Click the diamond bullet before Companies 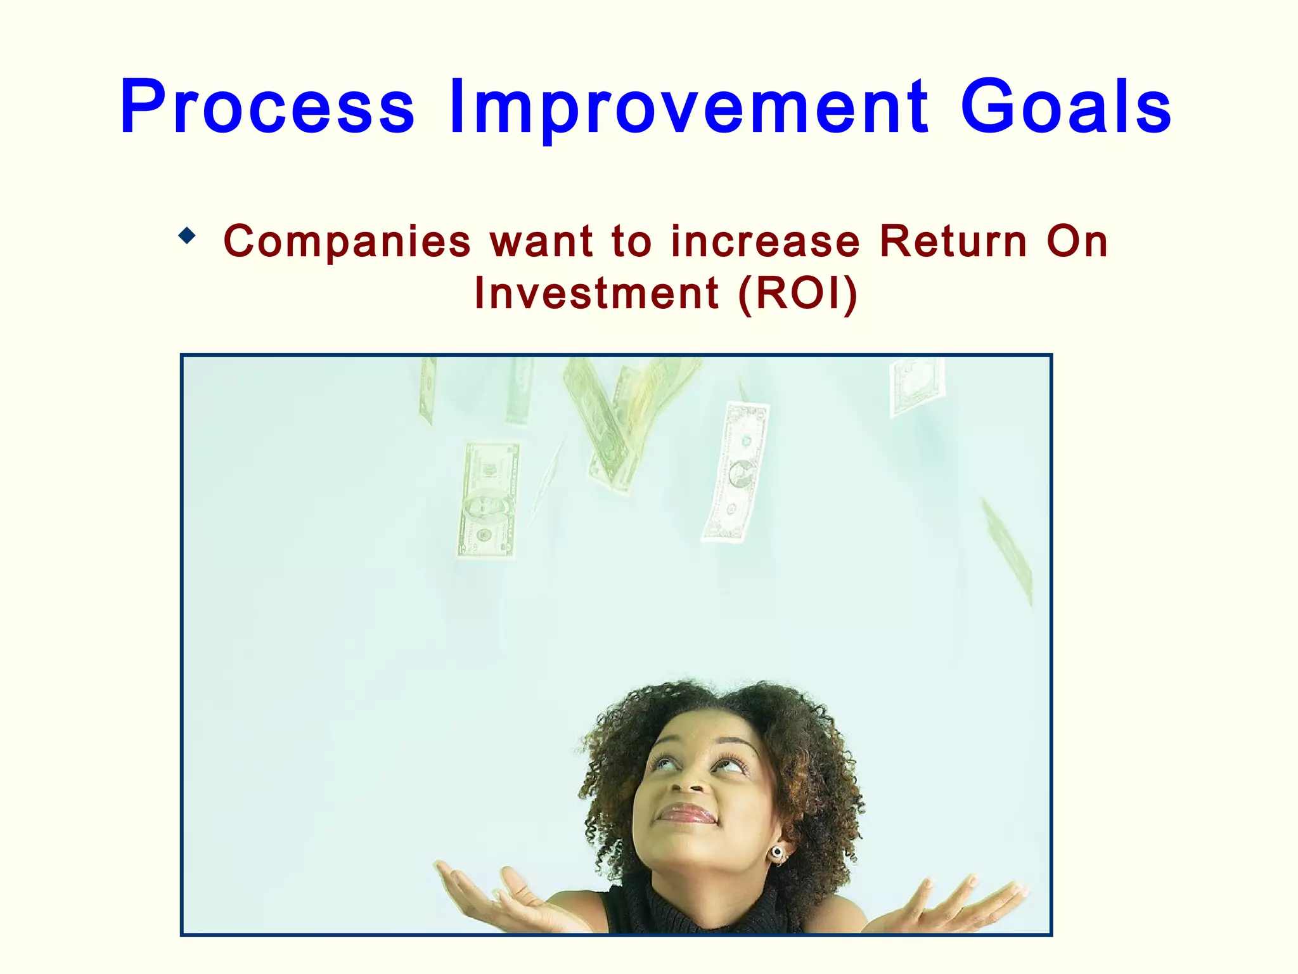pos(187,237)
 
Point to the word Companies pos(347,242)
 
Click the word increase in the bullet pos(766,242)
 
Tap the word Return pos(953,242)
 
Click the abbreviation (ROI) pos(799,294)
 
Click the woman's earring pos(777,852)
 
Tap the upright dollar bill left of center pos(488,501)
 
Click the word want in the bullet pos(542,242)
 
